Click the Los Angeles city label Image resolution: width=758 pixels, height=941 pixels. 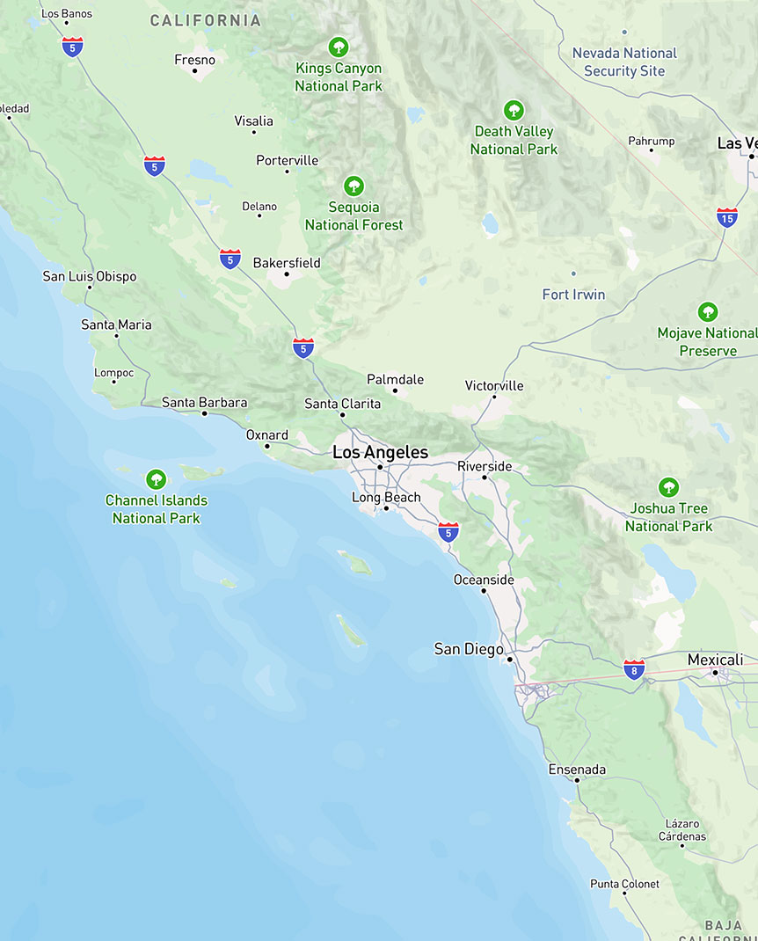pos(380,453)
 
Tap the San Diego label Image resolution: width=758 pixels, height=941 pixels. pos(469,649)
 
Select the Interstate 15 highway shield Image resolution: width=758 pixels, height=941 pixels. pos(727,217)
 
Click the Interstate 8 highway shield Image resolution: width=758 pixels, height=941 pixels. pos(634,668)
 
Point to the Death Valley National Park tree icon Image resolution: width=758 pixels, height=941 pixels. pos(514,111)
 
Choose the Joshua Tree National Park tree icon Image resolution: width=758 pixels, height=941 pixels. pos(669,487)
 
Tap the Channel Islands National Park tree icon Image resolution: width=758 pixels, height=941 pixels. pos(157,479)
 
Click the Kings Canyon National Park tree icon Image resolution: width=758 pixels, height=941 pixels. pos(339,47)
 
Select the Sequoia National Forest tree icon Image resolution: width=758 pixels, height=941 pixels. pos(353,186)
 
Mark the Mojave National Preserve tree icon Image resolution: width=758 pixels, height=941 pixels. pos(708,312)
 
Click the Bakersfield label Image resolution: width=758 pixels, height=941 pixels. pos(287,263)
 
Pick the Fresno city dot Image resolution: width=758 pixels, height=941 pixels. pos(194,71)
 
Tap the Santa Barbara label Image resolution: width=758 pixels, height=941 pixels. pos(204,403)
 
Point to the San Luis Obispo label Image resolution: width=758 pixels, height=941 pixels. pos(90,276)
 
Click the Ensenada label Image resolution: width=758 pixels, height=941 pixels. pos(577,770)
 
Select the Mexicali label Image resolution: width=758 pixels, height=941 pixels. pos(715,660)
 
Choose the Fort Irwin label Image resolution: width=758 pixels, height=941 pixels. pos(573,295)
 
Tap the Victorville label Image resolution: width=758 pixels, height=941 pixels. pos(494,385)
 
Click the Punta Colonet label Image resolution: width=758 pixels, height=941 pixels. pos(624,884)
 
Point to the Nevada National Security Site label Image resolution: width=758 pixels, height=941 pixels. pos(624,62)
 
